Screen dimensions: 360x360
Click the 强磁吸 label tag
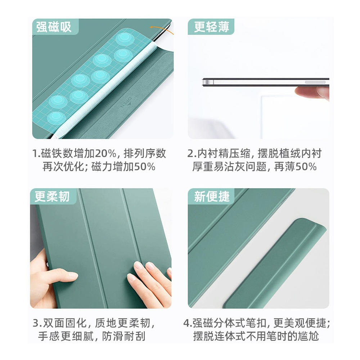pyautogui.click(x=55, y=27)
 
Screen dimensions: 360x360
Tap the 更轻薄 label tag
pyautogui.click(x=211, y=27)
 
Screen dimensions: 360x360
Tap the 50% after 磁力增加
pyautogui.click(x=145, y=167)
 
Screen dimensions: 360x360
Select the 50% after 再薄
pyautogui.click(x=306, y=167)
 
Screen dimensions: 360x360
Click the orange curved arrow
pyautogui.click(x=162, y=29)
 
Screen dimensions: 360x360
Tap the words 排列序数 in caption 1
pyautogui.click(x=145, y=153)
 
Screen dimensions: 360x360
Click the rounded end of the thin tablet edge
pyautogui.click(x=205, y=82)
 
